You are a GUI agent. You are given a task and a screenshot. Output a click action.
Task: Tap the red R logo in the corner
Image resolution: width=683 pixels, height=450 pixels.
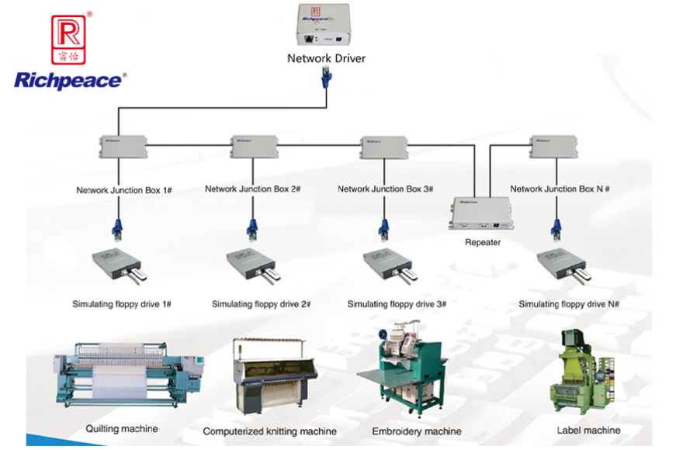[68, 38]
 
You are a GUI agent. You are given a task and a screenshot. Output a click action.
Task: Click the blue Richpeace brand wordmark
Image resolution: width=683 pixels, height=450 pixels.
[68, 81]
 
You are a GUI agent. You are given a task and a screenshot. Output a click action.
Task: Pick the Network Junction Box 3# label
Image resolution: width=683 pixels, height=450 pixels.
[385, 189]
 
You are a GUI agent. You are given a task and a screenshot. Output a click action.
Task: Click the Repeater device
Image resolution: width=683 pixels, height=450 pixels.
[482, 213]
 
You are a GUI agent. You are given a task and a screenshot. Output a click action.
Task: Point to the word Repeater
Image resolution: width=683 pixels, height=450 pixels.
[483, 242]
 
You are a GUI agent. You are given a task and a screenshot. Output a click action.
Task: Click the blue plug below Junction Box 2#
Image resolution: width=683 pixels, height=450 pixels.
[253, 230]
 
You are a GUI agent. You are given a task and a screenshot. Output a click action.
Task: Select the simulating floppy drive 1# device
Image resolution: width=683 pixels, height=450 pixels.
[119, 265]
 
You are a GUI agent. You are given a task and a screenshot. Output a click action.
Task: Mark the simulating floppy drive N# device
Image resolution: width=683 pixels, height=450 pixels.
[565, 266]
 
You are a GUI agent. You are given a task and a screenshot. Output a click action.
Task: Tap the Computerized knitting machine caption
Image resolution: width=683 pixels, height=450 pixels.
[269, 431]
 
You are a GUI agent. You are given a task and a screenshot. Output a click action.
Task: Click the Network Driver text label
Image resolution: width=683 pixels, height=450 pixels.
[326, 58]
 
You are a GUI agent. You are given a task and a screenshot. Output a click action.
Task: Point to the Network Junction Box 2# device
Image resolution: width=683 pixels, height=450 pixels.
[254, 146]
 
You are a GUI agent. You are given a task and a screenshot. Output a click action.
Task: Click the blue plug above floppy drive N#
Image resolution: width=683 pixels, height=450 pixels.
[556, 230]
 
